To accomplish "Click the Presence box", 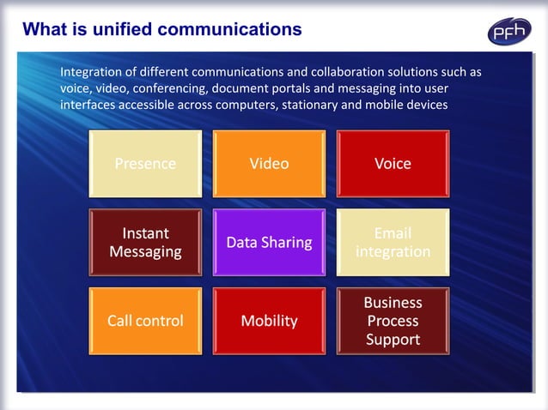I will pos(145,164).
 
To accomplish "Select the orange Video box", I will pos(269,164).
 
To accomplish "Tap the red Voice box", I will pos(393,164).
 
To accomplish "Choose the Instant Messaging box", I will pos(145,243).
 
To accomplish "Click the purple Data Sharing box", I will pos(269,243).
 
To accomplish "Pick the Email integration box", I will pos(393,243).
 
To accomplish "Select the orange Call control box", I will pos(145,321).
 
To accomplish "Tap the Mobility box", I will pos(269,321).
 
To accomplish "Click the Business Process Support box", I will pos(393,321).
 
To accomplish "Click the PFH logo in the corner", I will pos(509,32).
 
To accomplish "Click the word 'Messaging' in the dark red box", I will pos(145,252).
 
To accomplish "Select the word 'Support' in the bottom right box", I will pos(393,340).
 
